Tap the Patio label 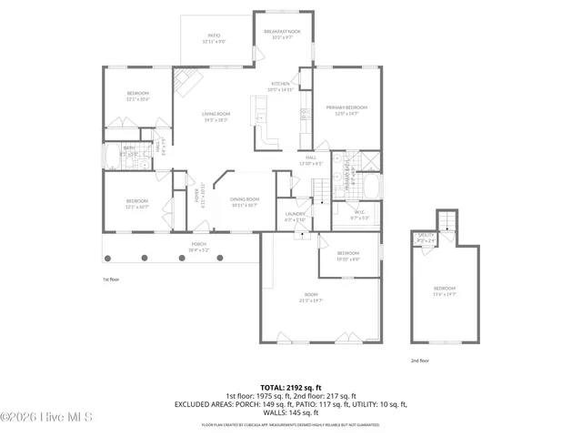[x=215, y=38]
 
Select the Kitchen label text [x=279, y=86]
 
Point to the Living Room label [x=216, y=117]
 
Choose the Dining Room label [x=245, y=201]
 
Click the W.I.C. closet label [x=359, y=215]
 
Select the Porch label [x=198, y=247]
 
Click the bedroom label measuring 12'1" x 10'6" [x=137, y=97]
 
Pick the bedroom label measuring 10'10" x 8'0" [x=348, y=255]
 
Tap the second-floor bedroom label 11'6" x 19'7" [x=445, y=291]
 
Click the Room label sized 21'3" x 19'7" [x=311, y=297]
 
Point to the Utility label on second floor [x=426, y=237]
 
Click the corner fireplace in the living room [x=188, y=83]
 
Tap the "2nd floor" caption [x=418, y=361]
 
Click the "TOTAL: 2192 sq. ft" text [x=291, y=387]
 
